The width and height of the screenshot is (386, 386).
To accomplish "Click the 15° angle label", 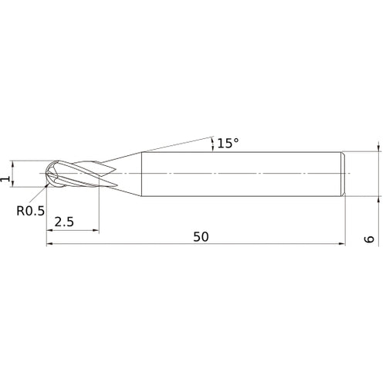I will tap(227, 144).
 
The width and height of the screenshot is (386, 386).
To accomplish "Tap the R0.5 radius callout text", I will tap(29, 208).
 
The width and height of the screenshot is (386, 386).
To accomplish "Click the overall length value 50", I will tap(201, 237).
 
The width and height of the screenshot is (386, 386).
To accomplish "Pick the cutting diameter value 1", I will tap(7, 178).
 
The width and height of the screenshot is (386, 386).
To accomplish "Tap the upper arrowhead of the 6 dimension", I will tap(378, 147).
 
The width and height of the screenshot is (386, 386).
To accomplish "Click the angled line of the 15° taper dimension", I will tap(170, 145).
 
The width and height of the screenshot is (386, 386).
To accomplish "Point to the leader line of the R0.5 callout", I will tap(43, 195).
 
